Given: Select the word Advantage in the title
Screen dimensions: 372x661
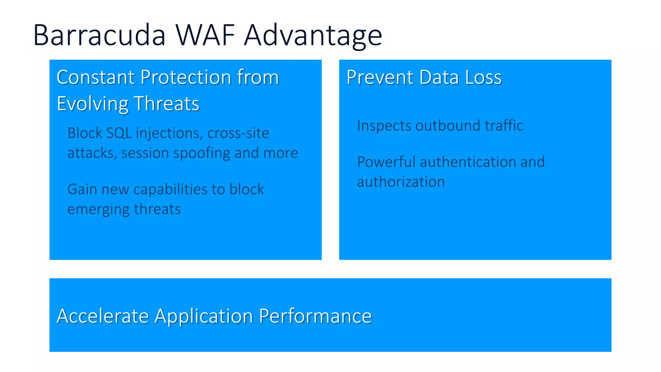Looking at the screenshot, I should pos(313,36).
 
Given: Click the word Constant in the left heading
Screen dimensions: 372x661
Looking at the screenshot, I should pos(96,77).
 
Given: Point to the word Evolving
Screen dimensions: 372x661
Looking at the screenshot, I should pos(92,104).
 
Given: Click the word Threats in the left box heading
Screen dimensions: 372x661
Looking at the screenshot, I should pos(167,104).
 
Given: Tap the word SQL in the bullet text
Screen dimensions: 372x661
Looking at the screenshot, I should pos(119,133).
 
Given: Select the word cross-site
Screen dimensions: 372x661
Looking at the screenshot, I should pos(238,133).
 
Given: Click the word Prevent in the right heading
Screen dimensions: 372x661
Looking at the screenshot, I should pos(380,77).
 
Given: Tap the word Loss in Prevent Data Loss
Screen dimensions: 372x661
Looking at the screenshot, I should pos(483,77).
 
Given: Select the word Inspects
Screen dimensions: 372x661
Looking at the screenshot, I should pos(384,126).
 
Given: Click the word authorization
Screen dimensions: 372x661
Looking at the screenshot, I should pos(401,182).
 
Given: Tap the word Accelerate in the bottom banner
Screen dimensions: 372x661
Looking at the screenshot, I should pos(103,316).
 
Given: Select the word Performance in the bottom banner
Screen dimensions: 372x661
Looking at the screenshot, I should pos(315,316).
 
